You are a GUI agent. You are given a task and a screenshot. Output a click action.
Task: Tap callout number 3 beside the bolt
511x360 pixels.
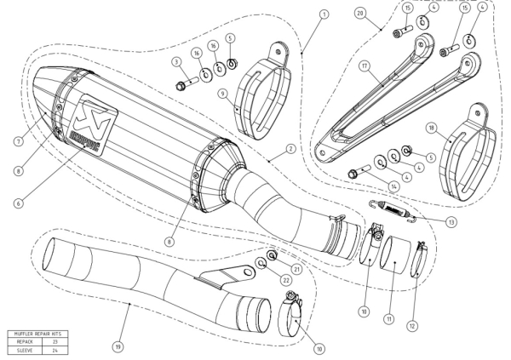175,62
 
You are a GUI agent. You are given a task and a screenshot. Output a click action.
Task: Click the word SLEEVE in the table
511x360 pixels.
21,347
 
